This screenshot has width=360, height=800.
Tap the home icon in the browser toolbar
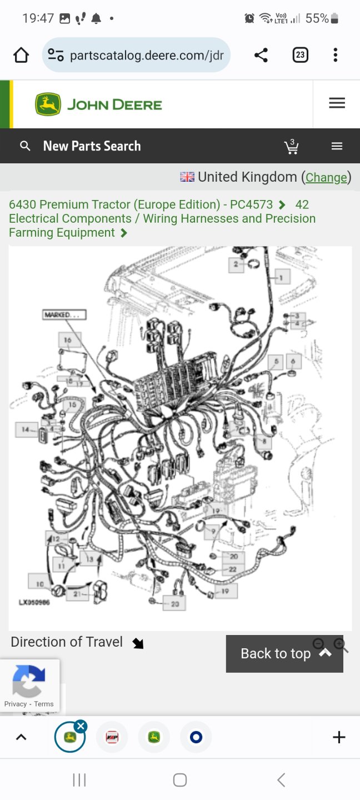tap(21, 55)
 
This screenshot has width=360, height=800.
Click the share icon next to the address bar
tap(261, 55)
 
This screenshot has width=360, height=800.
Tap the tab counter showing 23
tap(300, 55)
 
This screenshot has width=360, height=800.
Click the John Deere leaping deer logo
tap(48, 104)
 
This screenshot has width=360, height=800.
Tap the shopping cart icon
tap(291, 147)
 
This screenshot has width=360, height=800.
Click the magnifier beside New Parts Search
tap(25, 146)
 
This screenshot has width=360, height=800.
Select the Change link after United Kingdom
tap(326, 177)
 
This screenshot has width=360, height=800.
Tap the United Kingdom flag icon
tap(187, 177)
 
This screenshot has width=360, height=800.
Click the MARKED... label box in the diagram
tap(64, 315)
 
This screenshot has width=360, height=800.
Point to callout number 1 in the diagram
tap(282, 277)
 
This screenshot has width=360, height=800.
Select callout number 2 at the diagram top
tap(236, 264)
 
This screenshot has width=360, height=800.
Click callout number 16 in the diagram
tap(68, 340)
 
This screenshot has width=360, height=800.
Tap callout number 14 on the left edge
tap(26, 429)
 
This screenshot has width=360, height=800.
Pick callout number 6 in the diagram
tap(293, 361)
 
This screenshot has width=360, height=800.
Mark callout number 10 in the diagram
tap(40, 584)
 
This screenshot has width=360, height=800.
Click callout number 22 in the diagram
tap(233, 569)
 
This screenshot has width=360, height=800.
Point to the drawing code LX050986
tap(34, 602)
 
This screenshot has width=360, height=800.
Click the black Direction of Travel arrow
tap(138, 643)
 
